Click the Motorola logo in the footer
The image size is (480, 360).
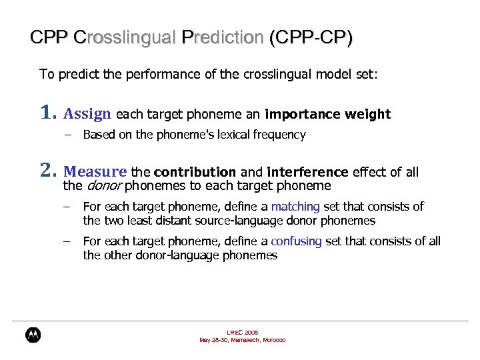(33, 335)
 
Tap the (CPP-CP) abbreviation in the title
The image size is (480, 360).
(311, 37)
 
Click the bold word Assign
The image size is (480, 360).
(87, 114)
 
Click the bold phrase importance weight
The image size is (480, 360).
(327, 114)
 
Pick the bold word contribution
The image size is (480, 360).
(195, 173)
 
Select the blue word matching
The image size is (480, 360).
(295, 207)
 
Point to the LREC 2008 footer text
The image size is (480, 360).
(243, 332)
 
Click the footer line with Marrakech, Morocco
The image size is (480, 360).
(243, 340)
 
